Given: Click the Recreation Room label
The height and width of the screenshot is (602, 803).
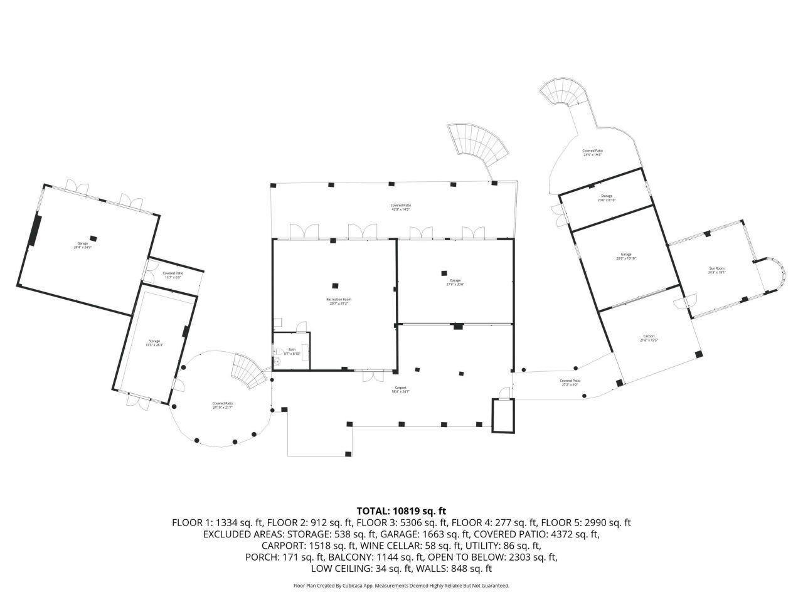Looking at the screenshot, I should [x=338, y=302].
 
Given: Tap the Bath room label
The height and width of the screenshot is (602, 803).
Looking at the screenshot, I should [x=292, y=352].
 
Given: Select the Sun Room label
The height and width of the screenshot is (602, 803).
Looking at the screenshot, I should [x=716, y=270].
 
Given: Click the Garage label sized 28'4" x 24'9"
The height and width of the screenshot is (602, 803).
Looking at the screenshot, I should [x=83, y=245].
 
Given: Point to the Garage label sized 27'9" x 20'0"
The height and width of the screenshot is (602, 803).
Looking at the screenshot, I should [x=455, y=282].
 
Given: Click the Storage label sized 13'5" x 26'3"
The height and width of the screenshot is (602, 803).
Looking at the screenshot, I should [x=154, y=343].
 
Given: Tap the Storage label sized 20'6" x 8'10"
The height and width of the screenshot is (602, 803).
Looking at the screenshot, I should [x=607, y=198].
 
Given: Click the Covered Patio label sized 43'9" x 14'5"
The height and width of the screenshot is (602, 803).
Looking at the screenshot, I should [x=401, y=207].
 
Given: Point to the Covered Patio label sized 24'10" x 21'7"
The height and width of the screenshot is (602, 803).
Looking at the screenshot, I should [x=222, y=405].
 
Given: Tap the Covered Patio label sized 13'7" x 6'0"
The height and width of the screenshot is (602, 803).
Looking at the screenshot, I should [x=173, y=275].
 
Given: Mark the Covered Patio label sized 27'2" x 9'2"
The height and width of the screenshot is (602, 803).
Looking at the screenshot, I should [x=570, y=383].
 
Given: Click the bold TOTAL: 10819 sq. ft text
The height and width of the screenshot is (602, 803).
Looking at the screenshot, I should [x=401, y=510].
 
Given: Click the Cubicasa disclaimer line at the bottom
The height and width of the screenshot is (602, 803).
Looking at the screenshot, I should [x=401, y=586].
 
